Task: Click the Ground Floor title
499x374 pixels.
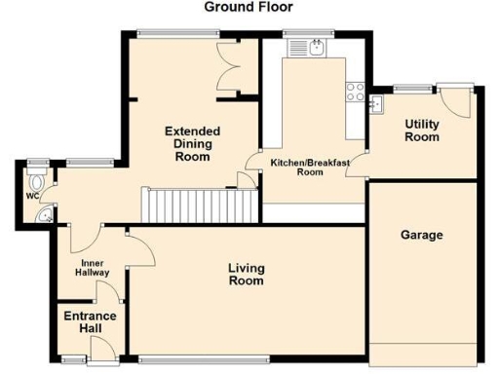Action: pos(248,7)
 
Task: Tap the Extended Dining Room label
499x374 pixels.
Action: pos(192,143)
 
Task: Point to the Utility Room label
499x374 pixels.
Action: pos(422,131)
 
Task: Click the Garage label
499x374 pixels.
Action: pos(422,236)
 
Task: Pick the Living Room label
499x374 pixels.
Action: pos(246,275)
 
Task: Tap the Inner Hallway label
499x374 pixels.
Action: pos(94,267)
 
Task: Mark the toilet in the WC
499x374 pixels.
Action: pos(38,181)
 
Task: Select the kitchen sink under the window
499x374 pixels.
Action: pos(318,47)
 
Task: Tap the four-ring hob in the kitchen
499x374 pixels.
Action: pos(355,93)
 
